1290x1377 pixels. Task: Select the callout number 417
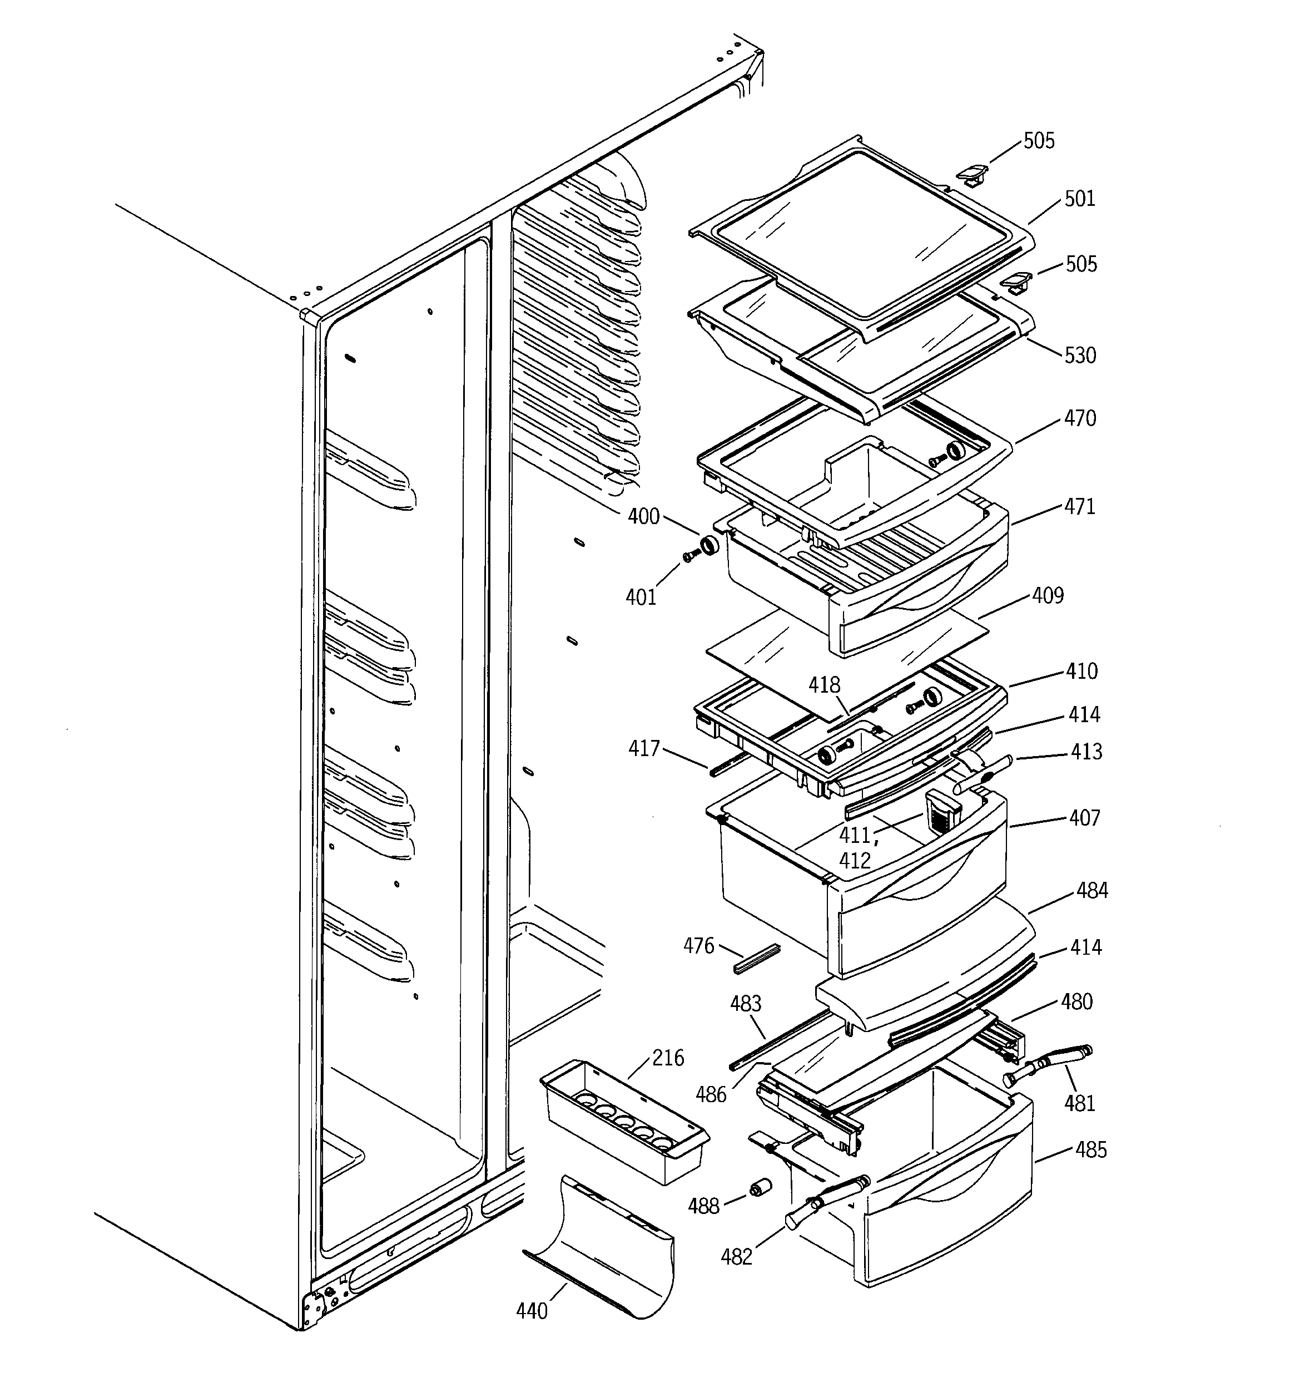coord(643,749)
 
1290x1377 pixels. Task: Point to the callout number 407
coord(1084,818)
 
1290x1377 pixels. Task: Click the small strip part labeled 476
coord(757,959)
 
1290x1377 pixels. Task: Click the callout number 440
coord(532,1310)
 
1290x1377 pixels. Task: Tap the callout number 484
coord(1091,891)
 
